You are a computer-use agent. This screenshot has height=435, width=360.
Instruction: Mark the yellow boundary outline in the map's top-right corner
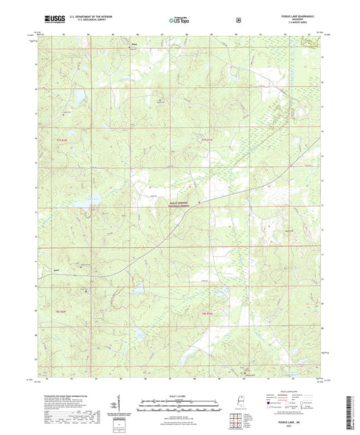point(310,42)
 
